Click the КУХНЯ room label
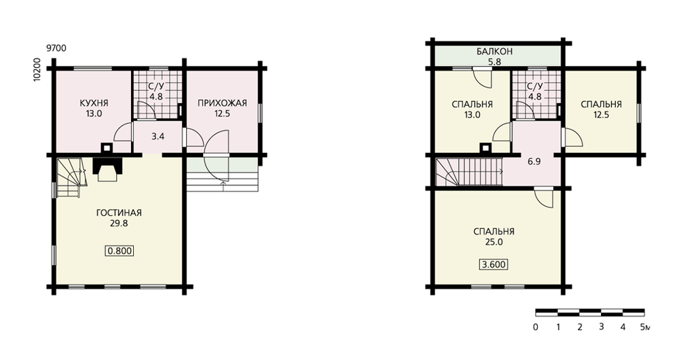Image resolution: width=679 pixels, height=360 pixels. pyautogui.click(x=94, y=103)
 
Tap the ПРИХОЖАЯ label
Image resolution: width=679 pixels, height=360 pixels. pyautogui.click(x=222, y=103)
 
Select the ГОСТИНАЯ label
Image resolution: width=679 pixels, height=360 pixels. pyautogui.click(x=119, y=213)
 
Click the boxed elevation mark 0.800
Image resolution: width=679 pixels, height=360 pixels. pyautogui.click(x=119, y=251)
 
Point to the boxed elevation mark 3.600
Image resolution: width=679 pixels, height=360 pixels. pyautogui.click(x=494, y=264)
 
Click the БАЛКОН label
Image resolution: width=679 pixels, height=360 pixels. pyautogui.click(x=494, y=52)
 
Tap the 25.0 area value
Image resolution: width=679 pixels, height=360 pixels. pyautogui.click(x=494, y=242)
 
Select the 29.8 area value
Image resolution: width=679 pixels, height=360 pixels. pyautogui.click(x=119, y=223)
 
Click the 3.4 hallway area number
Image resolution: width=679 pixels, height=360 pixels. pyautogui.click(x=158, y=137)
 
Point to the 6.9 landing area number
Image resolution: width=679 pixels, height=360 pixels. pyautogui.click(x=534, y=162)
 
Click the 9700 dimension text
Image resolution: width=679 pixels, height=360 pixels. pyautogui.click(x=56, y=48)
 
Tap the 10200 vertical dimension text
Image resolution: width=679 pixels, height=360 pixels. pyautogui.click(x=37, y=69)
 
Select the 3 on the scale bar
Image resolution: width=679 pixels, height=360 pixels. pyautogui.click(x=601, y=327)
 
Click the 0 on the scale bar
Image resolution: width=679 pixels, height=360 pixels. pyautogui.click(x=536, y=327)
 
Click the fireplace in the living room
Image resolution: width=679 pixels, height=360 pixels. pyautogui.click(x=107, y=168)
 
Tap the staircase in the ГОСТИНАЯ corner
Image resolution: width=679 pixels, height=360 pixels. pyautogui.click(x=69, y=177)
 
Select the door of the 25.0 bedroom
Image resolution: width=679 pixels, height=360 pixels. pyautogui.click(x=544, y=198)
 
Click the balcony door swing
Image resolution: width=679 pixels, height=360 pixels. pyautogui.click(x=482, y=77)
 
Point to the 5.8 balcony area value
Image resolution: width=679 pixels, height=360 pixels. pyautogui.click(x=494, y=62)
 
